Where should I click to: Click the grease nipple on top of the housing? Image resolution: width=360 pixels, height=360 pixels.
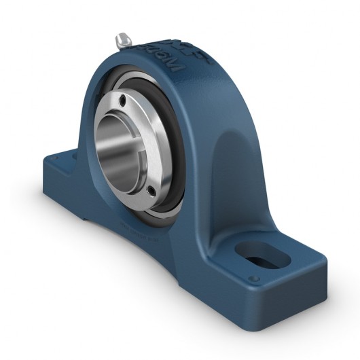[x=122, y=39]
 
